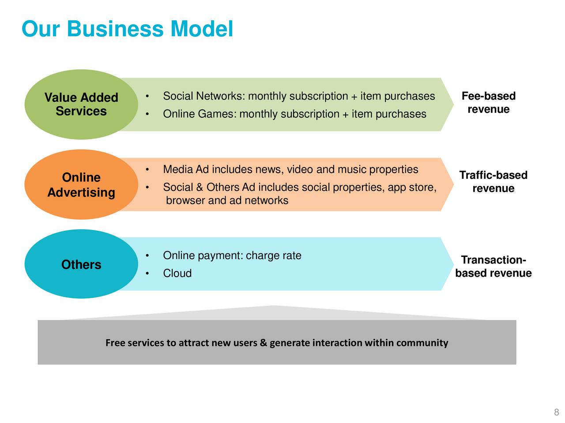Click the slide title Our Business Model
[127, 29]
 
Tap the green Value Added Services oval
[81, 104]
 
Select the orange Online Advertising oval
[81, 184]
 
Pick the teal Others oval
[81, 264]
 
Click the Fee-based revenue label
[488, 103]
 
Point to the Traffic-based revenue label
[493, 182]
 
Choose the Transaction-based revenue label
[493, 266]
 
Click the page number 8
[556, 412]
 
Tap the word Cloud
[177, 273]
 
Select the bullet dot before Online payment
[147, 256]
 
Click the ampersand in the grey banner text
[263, 342]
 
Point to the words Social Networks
[203, 96]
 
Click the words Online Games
[199, 114]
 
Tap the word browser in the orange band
[185, 200]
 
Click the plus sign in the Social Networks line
[354, 96]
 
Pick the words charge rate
[273, 256]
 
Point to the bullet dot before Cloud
[147, 273]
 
